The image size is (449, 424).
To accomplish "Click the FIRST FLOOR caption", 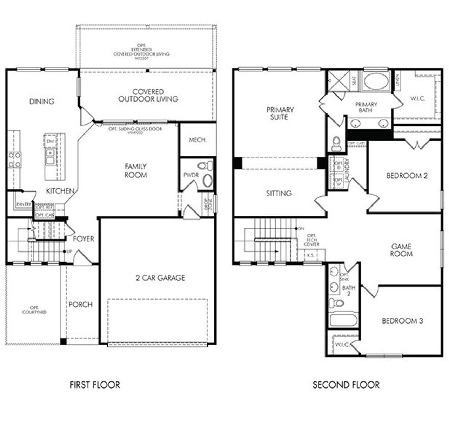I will (x=95, y=385).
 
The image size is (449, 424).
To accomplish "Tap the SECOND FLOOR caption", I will (x=346, y=385).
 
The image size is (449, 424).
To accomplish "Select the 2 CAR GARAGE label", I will (x=160, y=278).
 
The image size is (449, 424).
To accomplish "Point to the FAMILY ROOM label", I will (x=136, y=171).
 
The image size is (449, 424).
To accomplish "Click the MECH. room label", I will (x=197, y=140).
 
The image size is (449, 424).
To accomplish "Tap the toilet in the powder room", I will (x=205, y=165).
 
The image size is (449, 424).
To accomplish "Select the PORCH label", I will (x=80, y=304).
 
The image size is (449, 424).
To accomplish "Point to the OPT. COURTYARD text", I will (x=34, y=310).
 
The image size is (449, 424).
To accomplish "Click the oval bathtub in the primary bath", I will (x=375, y=81).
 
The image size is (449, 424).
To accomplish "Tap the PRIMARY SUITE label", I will (x=280, y=113).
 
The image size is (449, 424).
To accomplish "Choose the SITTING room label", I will (x=279, y=193).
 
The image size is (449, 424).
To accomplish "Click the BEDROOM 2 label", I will (x=407, y=176).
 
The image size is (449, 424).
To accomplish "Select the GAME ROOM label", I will (x=402, y=250).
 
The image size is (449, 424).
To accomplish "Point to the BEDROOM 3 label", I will (x=402, y=321).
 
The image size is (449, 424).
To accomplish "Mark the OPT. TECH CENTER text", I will (x=311, y=240).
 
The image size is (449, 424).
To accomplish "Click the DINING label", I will (x=42, y=102).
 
